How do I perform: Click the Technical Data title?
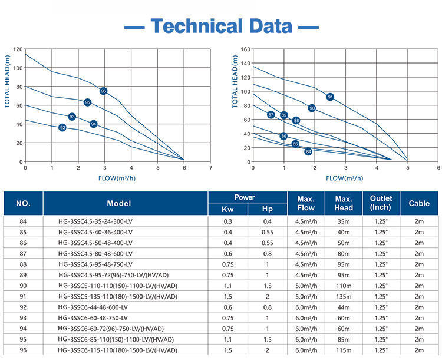[x=222, y=26]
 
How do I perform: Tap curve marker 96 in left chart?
[x=104, y=91]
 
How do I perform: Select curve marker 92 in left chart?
[x=62, y=127]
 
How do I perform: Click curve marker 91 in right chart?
[x=330, y=97]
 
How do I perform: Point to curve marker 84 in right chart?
[x=308, y=151]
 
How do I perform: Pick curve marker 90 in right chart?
[x=312, y=108]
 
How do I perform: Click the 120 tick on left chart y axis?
[x=18, y=49]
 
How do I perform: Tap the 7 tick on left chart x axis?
[x=211, y=168]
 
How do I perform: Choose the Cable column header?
[x=419, y=203]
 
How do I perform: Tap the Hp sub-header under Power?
[x=267, y=210]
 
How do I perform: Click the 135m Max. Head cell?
[x=344, y=296]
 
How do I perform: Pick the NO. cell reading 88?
[x=24, y=264]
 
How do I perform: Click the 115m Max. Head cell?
[x=344, y=350]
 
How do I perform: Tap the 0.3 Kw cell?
[x=227, y=221]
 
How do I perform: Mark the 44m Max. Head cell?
[x=344, y=307]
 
